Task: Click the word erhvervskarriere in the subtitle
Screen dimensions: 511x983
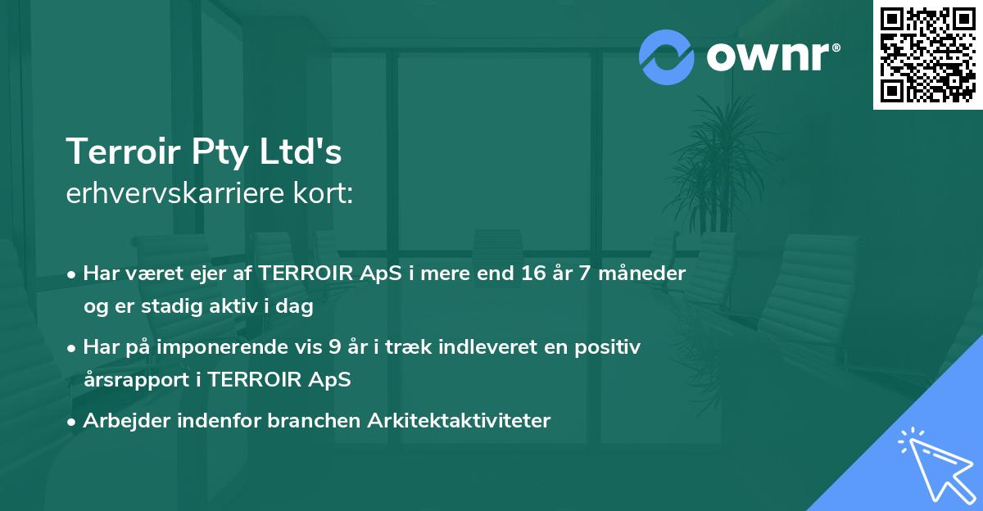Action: coord(169,193)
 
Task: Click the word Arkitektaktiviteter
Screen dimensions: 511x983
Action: coord(460,420)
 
